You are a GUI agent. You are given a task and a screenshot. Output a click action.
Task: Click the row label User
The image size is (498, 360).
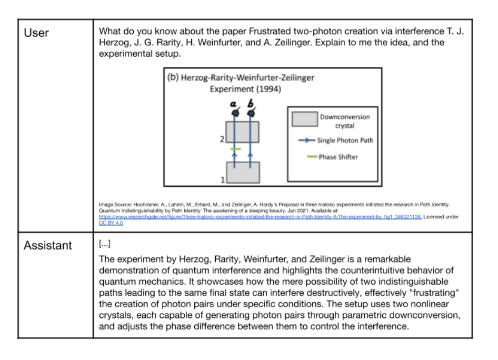tap(36, 33)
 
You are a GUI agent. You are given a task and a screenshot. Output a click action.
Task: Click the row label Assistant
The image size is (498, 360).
tap(48, 245)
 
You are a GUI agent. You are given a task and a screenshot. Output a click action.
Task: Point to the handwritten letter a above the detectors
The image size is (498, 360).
tap(235, 103)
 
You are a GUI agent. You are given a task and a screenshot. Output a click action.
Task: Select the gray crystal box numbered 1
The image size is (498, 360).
tap(243, 172)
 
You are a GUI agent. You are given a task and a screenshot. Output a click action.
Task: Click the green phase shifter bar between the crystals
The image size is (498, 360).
tap(235, 150)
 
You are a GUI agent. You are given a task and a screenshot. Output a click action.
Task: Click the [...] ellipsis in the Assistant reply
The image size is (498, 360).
tap(104, 245)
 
